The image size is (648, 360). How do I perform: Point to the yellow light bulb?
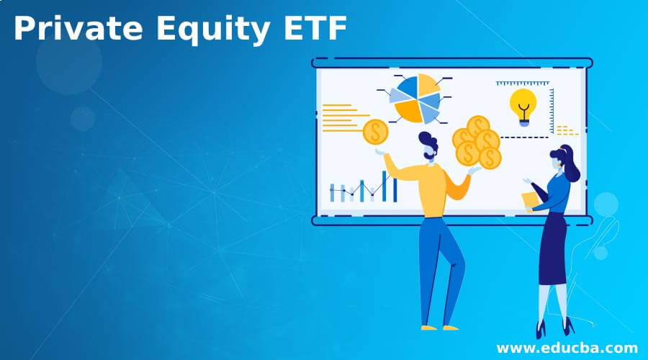(523, 105)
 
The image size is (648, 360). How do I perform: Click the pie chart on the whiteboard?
(415, 98)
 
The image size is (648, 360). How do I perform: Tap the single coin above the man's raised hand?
(375, 132)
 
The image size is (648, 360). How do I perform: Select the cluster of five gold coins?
(477, 143)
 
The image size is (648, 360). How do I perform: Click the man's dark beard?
(431, 153)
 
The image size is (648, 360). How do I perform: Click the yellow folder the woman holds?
(531, 199)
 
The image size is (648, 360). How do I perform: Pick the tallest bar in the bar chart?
(384, 186)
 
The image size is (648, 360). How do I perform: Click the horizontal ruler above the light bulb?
(523, 84)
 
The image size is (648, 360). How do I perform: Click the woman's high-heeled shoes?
(554, 330)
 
